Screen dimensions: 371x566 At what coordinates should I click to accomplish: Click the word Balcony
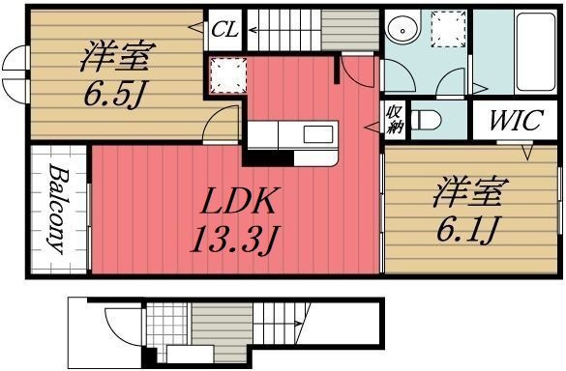[56, 209]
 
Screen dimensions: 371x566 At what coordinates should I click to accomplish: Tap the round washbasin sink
[400, 31]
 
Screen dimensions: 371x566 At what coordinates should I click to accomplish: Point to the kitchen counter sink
[316, 133]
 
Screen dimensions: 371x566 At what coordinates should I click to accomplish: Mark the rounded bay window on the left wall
[15, 76]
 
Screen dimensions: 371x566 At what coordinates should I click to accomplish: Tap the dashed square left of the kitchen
[225, 74]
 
